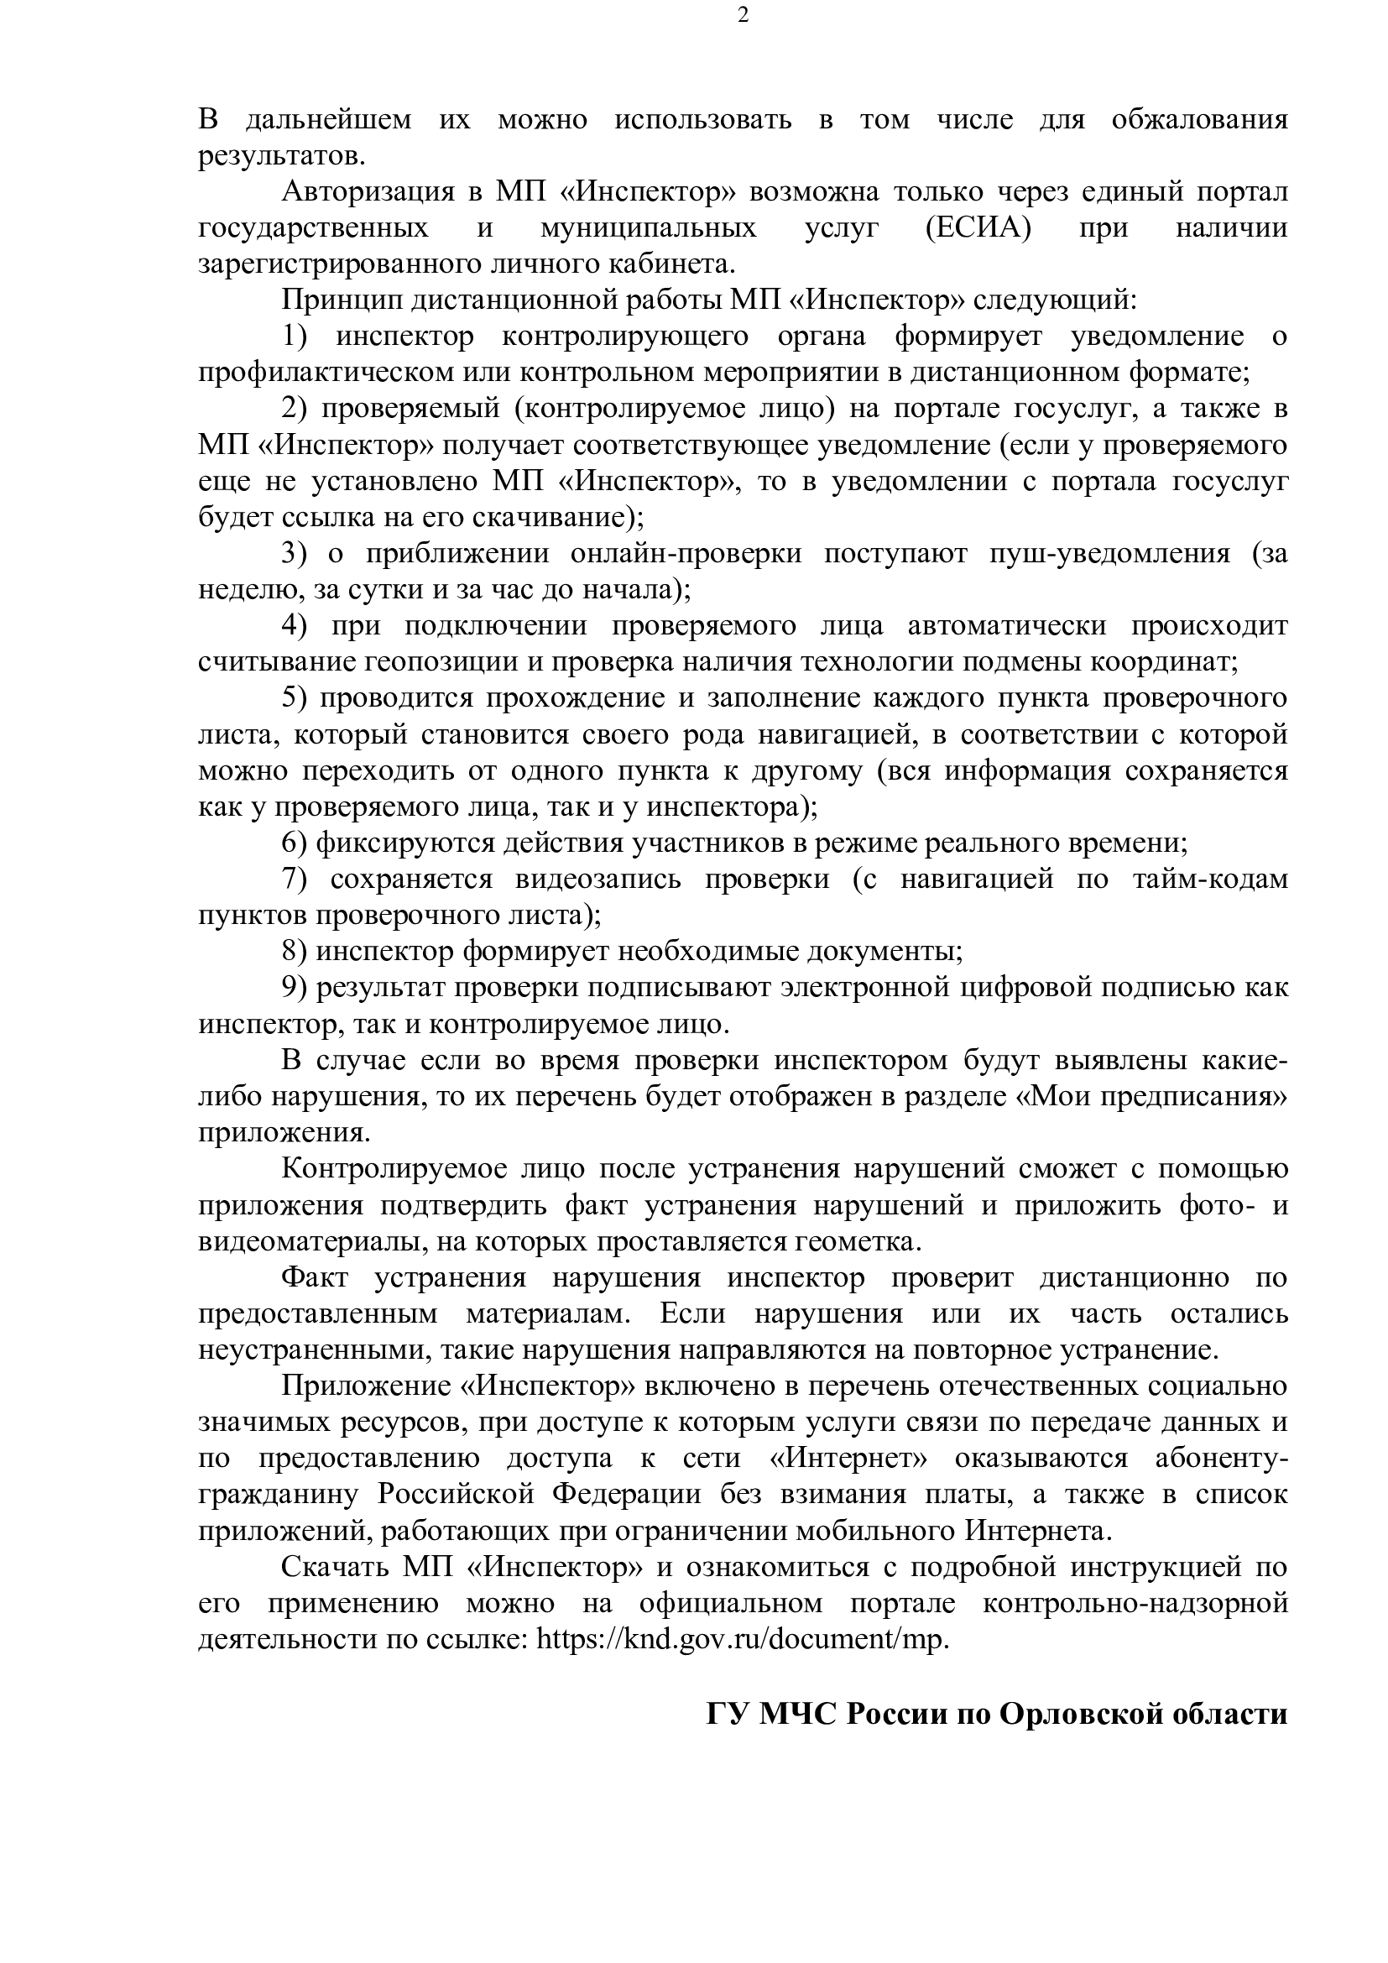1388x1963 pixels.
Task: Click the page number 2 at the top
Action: point(743,15)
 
